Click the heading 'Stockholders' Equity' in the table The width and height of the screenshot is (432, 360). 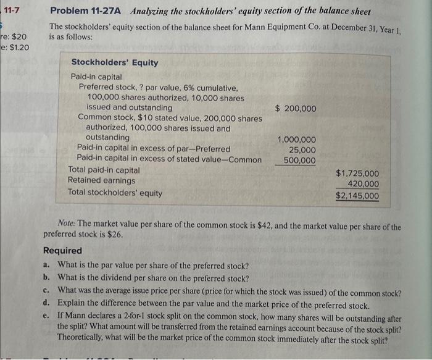point(115,62)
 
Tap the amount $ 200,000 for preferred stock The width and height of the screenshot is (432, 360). point(296,109)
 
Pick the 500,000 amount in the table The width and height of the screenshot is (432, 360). point(299,161)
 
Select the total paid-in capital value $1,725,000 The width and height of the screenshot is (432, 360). point(357,174)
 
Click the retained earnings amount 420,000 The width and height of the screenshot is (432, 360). point(363,184)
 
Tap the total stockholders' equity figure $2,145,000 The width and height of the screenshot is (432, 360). point(357,196)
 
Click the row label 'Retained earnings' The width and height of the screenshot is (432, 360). point(93,180)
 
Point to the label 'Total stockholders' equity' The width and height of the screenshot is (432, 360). point(115,193)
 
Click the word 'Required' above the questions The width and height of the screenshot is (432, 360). point(62,251)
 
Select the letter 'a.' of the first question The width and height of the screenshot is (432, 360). point(48,264)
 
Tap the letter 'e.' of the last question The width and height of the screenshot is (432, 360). point(48,316)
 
